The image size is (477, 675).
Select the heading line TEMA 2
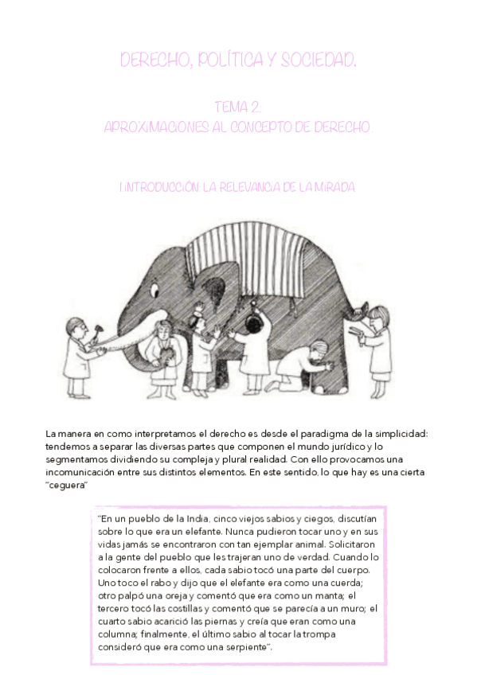click(238, 107)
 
